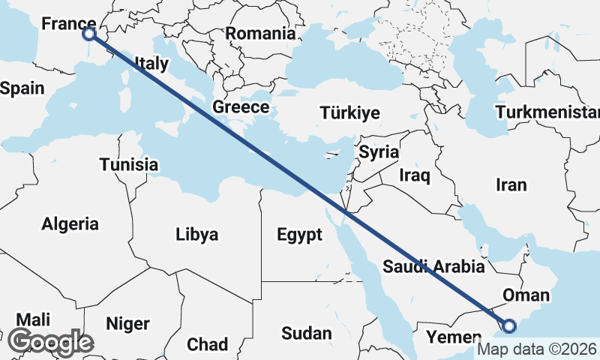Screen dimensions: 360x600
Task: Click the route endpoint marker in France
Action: point(89,34)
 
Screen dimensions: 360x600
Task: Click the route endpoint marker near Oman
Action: point(509,325)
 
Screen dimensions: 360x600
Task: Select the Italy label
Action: point(151,64)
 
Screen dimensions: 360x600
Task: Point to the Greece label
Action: point(241,107)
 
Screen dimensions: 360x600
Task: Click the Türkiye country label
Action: point(349,113)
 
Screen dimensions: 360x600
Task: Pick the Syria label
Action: point(379,152)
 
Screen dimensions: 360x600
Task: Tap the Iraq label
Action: point(415,176)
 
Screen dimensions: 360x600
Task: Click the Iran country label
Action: point(511,184)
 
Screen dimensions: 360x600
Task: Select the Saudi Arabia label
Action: point(434,266)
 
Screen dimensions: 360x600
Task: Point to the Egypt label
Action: point(299,235)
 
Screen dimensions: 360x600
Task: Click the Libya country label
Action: point(197,235)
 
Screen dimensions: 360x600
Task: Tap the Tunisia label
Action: point(129,165)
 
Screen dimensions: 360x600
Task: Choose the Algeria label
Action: point(70,223)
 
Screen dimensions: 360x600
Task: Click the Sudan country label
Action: point(307,333)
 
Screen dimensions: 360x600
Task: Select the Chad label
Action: point(207,344)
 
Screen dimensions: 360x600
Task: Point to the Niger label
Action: point(127,324)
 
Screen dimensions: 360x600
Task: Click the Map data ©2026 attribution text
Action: point(537,349)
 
